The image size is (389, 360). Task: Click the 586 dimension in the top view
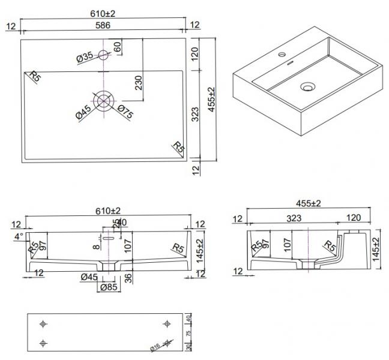click(103, 25)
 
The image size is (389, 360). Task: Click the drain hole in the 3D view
click(307, 88)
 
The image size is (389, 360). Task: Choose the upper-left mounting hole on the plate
click(43, 324)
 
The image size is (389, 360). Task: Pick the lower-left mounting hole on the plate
click(43, 343)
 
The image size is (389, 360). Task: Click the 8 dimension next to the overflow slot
click(95, 246)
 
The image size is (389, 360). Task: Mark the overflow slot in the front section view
click(107, 238)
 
